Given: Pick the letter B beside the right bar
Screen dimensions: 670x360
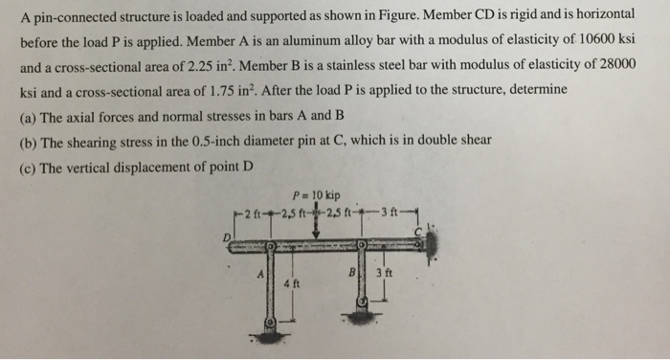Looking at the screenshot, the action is [352, 271].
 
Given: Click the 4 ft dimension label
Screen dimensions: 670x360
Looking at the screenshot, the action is [293, 283].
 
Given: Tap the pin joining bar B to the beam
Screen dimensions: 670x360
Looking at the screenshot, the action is [363, 247].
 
